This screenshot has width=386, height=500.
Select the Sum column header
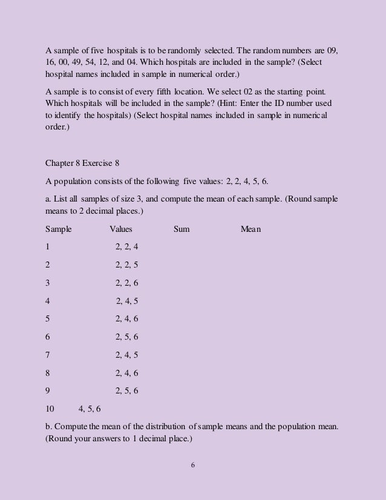[x=182, y=229]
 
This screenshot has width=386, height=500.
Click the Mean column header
[x=251, y=229]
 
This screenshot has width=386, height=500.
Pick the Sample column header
[x=59, y=229]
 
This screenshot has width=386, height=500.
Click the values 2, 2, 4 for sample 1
[x=126, y=248]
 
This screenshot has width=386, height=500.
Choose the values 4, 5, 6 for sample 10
[x=90, y=409]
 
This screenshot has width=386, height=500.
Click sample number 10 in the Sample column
[x=50, y=409]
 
